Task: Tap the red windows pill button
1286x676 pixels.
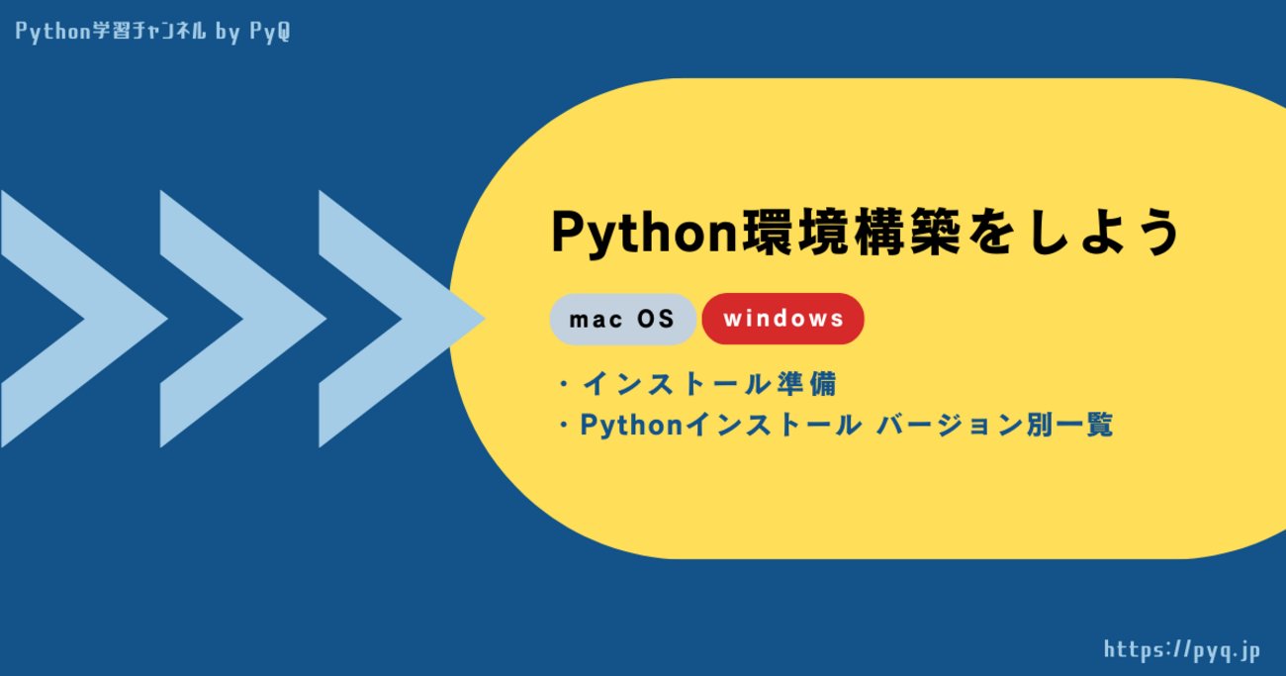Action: coord(782,319)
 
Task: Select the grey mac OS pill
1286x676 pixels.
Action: coord(622,319)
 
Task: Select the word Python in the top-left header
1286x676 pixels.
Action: coord(49,32)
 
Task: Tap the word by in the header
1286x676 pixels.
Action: coord(227,32)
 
